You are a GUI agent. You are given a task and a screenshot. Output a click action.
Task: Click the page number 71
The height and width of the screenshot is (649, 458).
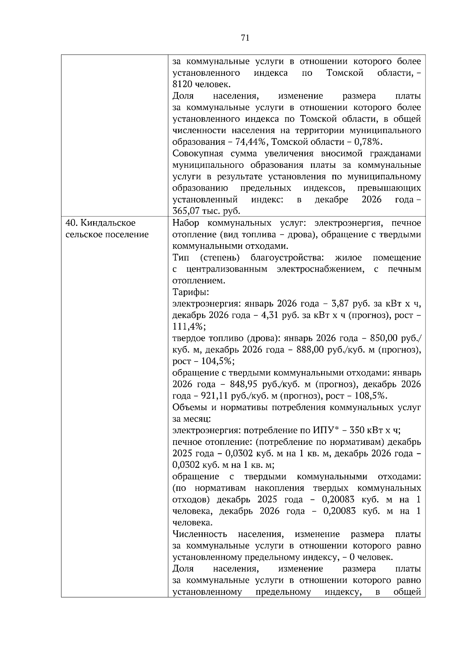coord(245,37)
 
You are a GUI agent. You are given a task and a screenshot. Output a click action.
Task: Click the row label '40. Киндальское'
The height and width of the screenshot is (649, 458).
coord(101,223)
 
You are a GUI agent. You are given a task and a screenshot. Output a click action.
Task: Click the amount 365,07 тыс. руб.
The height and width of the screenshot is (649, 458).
coord(206,211)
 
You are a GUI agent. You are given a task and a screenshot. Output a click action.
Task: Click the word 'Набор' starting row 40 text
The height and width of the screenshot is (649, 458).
coord(184,223)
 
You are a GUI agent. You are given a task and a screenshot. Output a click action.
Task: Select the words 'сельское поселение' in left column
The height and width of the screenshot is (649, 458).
coord(107,234)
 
